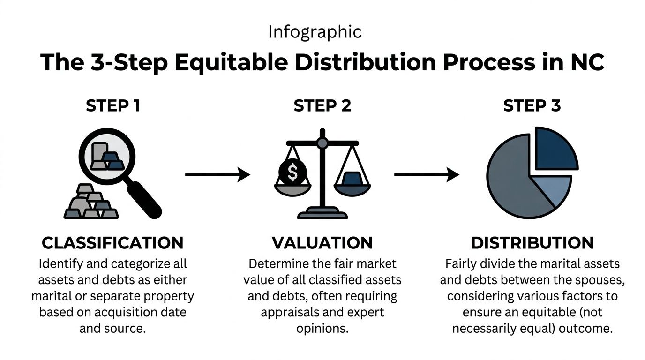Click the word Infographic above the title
[x=315, y=32]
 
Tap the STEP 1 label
[x=112, y=106]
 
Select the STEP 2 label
[x=322, y=106]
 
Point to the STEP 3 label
[x=532, y=106]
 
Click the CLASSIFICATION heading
[x=112, y=243]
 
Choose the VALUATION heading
[x=322, y=243]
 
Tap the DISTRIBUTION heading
[x=532, y=243]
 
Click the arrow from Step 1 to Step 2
[x=217, y=175]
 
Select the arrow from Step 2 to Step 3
[x=427, y=175]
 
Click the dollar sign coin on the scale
[x=292, y=173]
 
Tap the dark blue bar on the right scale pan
[x=352, y=179]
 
